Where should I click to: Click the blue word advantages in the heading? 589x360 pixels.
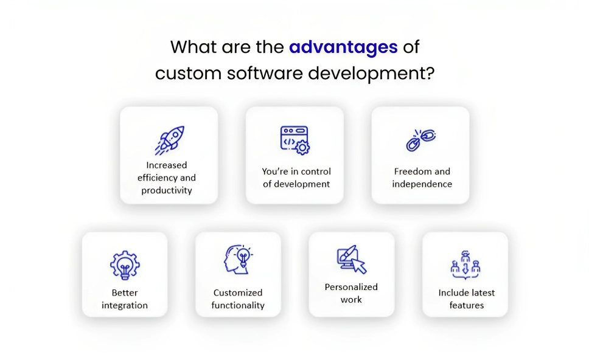point(343,48)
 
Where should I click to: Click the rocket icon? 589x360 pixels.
point(170,140)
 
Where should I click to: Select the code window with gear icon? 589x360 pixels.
point(295,140)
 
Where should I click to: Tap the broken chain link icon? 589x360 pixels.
point(420,140)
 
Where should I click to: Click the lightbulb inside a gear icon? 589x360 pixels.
point(125,265)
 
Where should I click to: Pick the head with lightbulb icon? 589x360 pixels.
point(238,260)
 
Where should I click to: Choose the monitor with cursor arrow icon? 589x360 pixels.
point(352,260)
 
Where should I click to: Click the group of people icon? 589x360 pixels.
point(465,265)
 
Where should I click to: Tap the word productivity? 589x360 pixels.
point(167,190)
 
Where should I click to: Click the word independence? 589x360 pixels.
point(422,184)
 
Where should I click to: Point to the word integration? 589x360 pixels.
point(125,305)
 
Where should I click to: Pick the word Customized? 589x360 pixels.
point(238,293)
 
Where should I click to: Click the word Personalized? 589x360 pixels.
point(351,287)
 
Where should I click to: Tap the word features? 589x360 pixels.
point(467,305)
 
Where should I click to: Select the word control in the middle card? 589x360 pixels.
point(316,171)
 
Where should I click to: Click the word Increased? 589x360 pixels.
point(166,165)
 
